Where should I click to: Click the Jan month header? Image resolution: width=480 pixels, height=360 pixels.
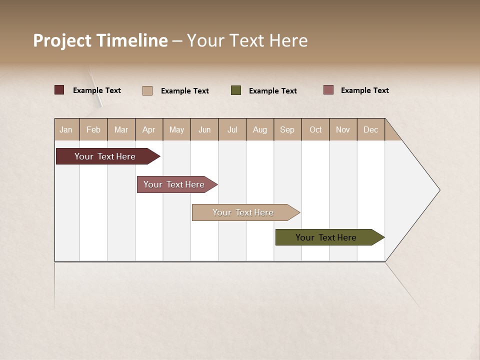66,129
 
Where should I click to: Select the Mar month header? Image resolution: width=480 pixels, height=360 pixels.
121,129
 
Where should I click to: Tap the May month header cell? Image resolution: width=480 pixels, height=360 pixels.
176,129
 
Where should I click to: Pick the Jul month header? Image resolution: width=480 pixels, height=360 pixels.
232,129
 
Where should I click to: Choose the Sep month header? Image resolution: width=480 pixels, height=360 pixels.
287,129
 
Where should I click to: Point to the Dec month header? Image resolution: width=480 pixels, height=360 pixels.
370,129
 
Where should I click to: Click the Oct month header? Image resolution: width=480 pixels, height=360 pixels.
315,129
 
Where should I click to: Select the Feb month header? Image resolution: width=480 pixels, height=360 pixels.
93,129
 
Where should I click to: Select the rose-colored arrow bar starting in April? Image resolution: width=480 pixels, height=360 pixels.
174,184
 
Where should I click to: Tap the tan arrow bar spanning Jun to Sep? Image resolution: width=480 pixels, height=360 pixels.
243,212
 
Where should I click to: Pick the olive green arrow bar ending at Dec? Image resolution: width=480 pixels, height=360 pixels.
326,237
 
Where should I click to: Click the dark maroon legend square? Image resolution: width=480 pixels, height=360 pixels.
59,90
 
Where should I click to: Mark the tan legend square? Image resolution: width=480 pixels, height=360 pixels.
147,90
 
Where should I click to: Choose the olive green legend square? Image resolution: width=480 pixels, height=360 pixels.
236,90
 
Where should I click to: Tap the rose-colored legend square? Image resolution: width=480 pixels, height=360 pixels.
328,90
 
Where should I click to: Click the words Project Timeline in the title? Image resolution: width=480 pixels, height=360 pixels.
100,40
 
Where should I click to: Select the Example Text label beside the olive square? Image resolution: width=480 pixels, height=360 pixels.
272,91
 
